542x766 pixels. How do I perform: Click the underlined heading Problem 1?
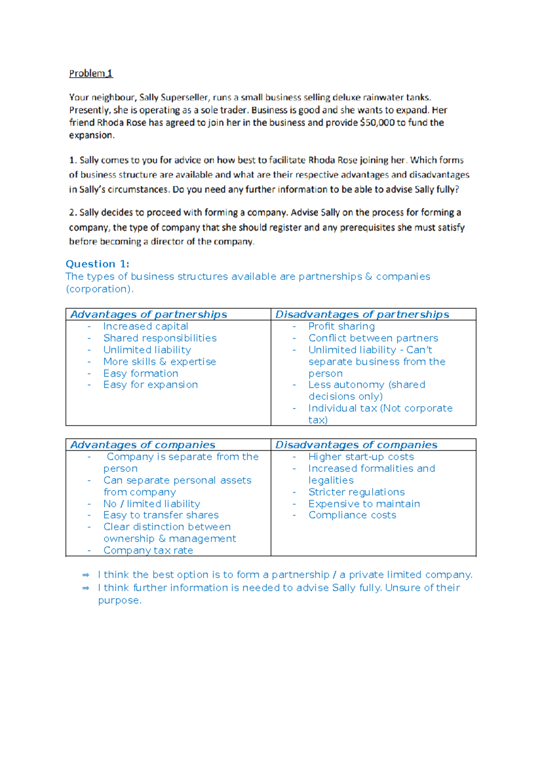click(91, 73)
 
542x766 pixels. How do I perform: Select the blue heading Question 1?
click(98, 264)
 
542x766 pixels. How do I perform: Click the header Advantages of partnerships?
click(149, 314)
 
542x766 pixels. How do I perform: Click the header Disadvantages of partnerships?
click(362, 314)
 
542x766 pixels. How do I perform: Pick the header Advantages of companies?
click(143, 445)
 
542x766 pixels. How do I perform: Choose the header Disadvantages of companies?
click(356, 445)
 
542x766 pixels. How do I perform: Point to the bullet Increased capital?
click(145, 326)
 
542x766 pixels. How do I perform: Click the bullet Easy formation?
click(140, 374)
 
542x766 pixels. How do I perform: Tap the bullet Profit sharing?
click(341, 326)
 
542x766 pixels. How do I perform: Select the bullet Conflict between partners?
click(373, 338)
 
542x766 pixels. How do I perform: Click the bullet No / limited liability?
click(151, 504)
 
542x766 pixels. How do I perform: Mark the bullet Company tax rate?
click(148, 550)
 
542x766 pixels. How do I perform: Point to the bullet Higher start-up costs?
click(361, 457)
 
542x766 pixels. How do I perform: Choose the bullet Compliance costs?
click(352, 515)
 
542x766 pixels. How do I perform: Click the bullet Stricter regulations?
click(356, 492)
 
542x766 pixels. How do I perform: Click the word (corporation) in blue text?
click(99, 289)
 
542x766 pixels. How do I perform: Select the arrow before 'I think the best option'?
click(86, 575)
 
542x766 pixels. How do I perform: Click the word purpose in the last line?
click(119, 600)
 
